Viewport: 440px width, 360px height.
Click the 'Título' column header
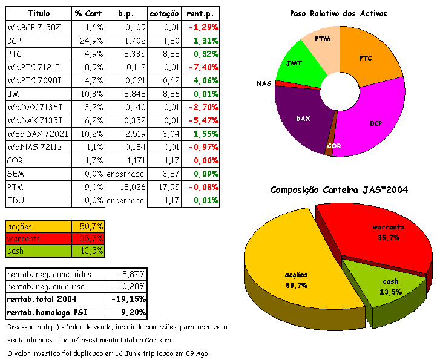coord(39,13)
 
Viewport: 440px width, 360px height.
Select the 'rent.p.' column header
coord(203,13)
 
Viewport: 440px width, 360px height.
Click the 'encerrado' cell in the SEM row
coord(125,174)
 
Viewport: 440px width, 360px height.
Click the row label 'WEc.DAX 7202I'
coord(37,134)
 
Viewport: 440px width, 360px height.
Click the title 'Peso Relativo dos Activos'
coord(338,13)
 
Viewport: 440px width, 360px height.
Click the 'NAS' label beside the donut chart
coord(264,83)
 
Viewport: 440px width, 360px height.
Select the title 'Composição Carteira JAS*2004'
coord(338,190)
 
